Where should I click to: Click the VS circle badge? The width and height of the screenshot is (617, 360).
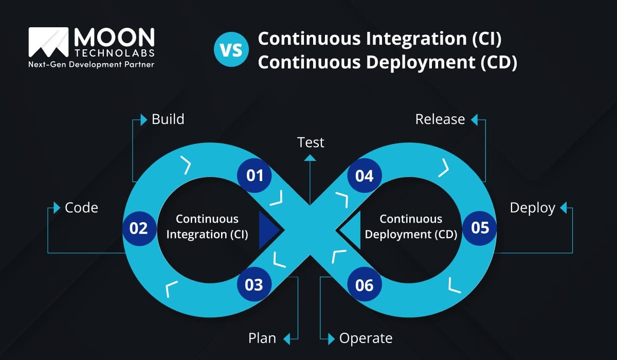point(231,49)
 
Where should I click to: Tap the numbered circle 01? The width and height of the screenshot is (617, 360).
point(254,175)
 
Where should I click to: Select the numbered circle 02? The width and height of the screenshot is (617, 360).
point(139,228)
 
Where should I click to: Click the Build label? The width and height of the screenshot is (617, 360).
point(168,119)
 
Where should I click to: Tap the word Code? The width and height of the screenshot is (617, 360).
point(81,208)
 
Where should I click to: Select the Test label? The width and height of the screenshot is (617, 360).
point(311,142)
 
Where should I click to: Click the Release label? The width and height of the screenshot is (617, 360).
point(440,119)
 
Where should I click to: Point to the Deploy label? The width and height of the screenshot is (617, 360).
point(533,208)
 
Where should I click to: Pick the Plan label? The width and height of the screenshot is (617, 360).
point(262,338)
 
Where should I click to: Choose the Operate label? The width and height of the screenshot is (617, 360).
point(366,339)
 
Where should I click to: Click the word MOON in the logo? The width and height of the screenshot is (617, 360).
point(114,37)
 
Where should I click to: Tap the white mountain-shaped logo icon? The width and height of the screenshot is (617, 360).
point(48,42)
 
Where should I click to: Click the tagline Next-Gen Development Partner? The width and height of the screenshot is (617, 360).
point(91,64)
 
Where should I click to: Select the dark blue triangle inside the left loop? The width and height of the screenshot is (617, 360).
point(269,230)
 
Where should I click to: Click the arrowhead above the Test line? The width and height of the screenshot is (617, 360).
point(310,158)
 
